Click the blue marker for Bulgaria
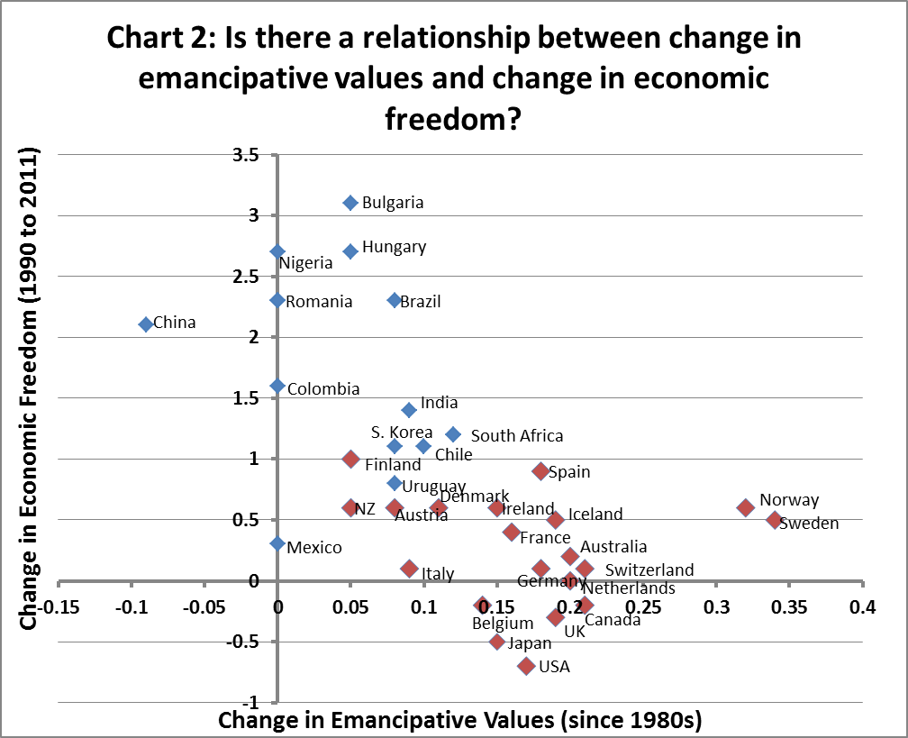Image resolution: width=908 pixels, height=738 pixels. click(x=350, y=203)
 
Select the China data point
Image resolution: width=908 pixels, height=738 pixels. click(x=146, y=324)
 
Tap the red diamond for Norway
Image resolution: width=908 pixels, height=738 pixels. click(x=746, y=507)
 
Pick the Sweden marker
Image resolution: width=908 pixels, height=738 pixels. click(x=775, y=520)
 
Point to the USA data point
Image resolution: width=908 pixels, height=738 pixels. click(x=527, y=666)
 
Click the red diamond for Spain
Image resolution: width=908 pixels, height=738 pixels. click(x=540, y=471)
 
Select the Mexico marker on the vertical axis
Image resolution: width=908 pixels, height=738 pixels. click(x=277, y=543)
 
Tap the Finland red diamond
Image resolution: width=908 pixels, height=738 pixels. click(x=350, y=459)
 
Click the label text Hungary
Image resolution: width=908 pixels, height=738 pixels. click(x=394, y=247)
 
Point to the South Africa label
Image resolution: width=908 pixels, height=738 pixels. click(x=517, y=436)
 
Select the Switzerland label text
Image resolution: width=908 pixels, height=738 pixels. click(x=649, y=570)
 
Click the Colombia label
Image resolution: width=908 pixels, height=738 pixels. click(x=322, y=389)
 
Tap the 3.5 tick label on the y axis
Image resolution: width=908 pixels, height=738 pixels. click(x=247, y=155)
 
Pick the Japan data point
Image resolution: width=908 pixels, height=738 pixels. click(x=497, y=642)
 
